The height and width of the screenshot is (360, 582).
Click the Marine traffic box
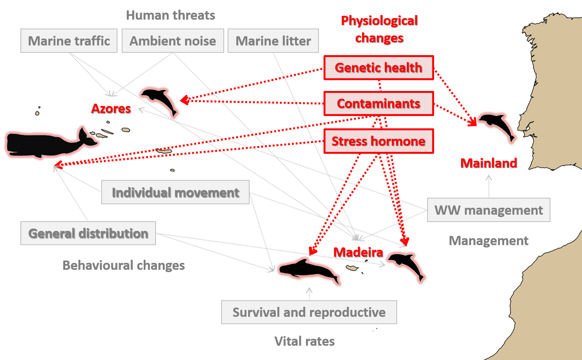[x=69, y=41]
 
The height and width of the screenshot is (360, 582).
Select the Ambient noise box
[x=173, y=41]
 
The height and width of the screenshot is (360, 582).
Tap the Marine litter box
[x=273, y=41]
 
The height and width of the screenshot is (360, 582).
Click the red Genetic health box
[x=379, y=67]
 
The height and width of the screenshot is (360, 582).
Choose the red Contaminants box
[x=379, y=103]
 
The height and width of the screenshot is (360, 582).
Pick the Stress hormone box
[x=379, y=141]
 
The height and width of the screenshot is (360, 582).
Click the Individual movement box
[x=175, y=192]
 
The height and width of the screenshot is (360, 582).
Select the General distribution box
[x=88, y=233]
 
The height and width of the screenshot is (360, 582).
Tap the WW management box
[x=489, y=210]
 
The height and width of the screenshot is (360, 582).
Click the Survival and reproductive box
[x=309, y=312]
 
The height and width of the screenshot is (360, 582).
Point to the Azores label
[x=111, y=109]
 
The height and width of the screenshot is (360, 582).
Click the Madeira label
[x=358, y=252]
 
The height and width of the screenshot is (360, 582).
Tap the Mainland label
[x=489, y=163]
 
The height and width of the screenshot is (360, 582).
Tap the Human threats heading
[x=171, y=15]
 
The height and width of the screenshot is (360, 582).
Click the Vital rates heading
[x=305, y=341]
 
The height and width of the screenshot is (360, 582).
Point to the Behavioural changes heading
[x=124, y=266]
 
